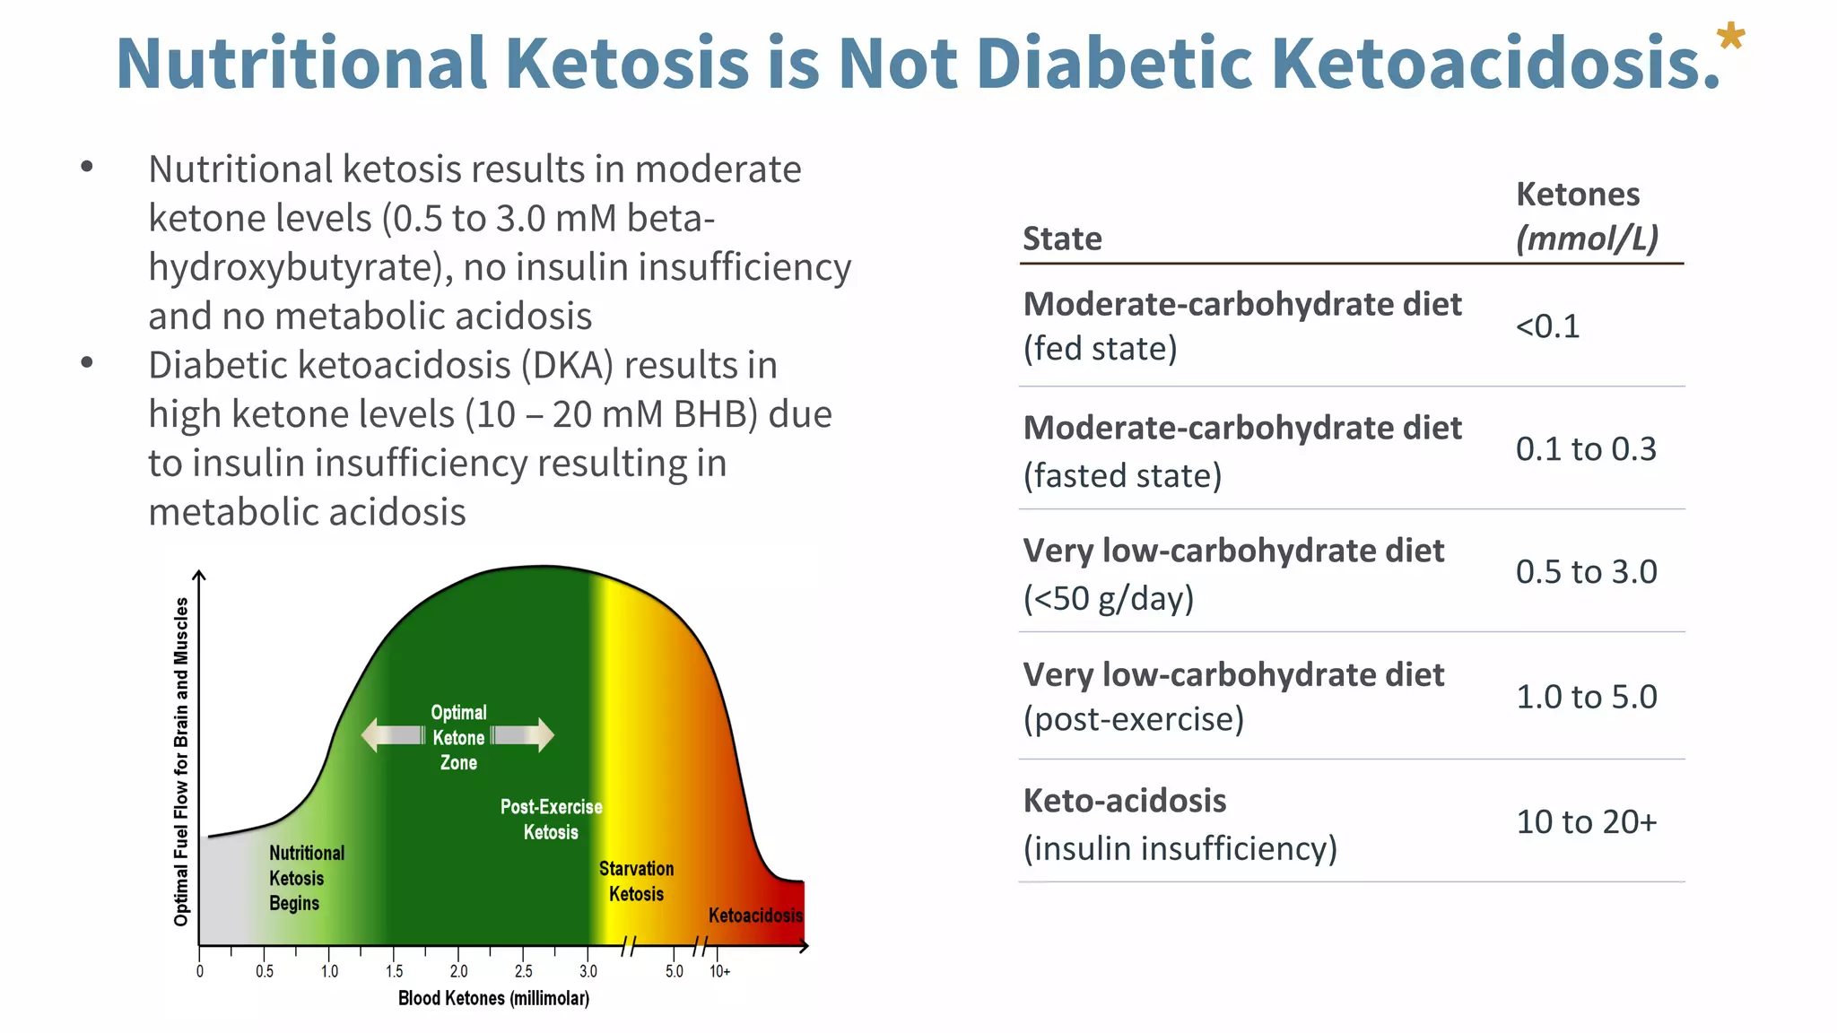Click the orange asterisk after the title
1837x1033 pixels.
1730,38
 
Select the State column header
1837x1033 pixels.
1062,239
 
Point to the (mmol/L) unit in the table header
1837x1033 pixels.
1587,239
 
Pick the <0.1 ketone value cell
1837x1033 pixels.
1547,326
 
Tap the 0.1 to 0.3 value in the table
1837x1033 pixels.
1586,449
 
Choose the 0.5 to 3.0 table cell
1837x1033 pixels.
1586,572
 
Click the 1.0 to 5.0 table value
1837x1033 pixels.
1586,697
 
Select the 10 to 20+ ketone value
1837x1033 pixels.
1586,821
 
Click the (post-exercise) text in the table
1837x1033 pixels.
1134,719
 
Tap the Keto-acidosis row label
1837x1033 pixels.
1125,801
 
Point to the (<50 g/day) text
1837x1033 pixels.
1109,598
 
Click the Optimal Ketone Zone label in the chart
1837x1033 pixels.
458,737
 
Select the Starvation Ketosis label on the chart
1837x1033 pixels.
636,881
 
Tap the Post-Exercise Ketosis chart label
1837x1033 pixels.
551,819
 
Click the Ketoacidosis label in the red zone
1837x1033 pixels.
755,916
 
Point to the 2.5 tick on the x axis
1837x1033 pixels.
523,971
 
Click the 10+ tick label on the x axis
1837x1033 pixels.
719,971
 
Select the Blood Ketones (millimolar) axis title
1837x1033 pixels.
493,998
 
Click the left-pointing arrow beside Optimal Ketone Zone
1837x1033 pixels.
391,735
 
